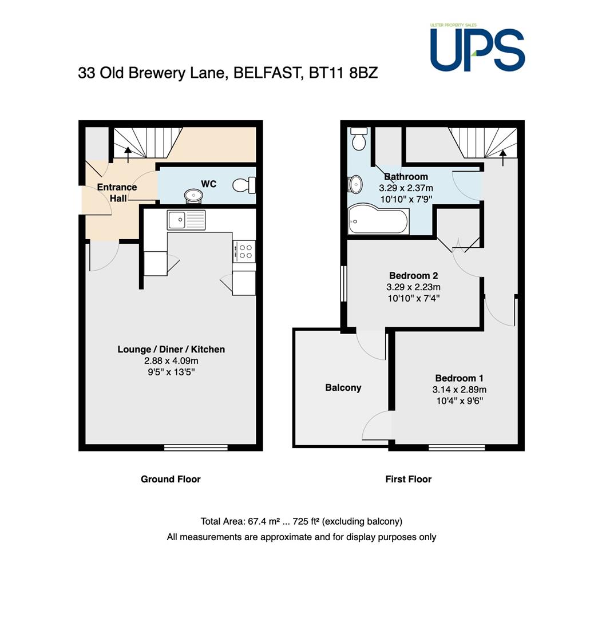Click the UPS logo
[477, 47]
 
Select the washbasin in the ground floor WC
[193, 196]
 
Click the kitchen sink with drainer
[186, 220]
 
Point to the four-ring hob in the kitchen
[244, 251]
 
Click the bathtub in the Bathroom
[378, 219]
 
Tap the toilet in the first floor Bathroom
[359, 138]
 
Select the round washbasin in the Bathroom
[355, 184]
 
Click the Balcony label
[343, 388]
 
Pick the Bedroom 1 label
[459, 378]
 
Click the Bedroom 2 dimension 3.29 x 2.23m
[414, 287]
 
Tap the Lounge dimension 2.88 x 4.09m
[171, 360]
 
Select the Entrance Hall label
[117, 193]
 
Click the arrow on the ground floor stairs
[128, 155]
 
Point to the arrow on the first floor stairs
[503, 158]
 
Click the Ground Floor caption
[171, 480]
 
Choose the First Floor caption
[409, 480]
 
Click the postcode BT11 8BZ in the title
[343, 73]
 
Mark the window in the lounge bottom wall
[196, 447]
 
